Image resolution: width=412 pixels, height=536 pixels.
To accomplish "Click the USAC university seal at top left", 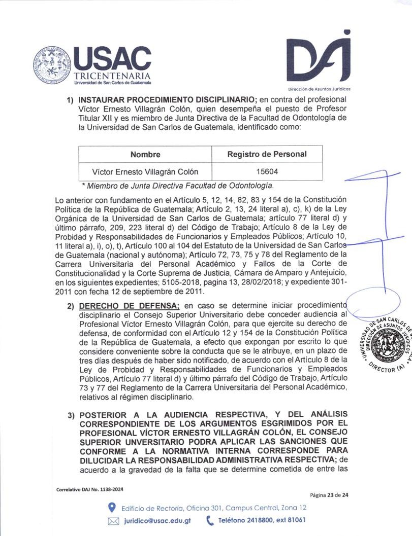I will pyautogui.click(x=53, y=65).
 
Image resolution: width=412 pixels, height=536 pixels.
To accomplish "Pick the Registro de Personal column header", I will pyautogui.click(x=267, y=154).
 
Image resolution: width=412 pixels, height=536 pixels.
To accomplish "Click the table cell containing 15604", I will pyautogui.click(x=267, y=171).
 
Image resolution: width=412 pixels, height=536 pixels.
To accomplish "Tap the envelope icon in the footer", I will pyautogui.click(x=114, y=520).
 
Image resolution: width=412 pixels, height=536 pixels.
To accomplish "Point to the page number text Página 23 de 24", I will pyautogui.click(x=329, y=494).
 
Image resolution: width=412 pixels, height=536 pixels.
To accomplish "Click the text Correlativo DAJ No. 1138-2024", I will pyautogui.click(x=90, y=489).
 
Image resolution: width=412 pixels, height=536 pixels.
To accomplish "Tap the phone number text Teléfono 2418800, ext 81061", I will pyautogui.click(x=262, y=520).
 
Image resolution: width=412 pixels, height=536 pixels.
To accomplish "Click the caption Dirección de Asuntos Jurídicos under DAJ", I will pyautogui.click(x=319, y=89).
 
